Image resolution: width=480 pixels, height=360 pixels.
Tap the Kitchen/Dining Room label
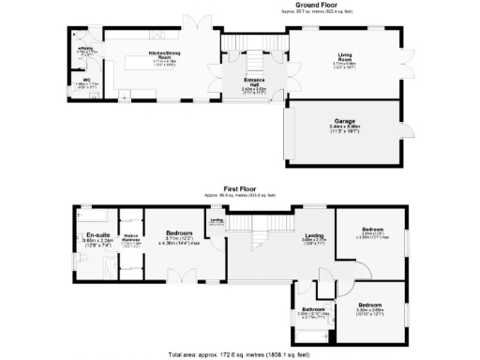coord(161,55)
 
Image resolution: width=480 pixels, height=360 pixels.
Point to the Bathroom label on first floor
coord(312,309)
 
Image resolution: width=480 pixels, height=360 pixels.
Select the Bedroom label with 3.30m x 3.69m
coord(372,305)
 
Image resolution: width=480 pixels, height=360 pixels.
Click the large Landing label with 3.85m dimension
coord(313,234)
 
